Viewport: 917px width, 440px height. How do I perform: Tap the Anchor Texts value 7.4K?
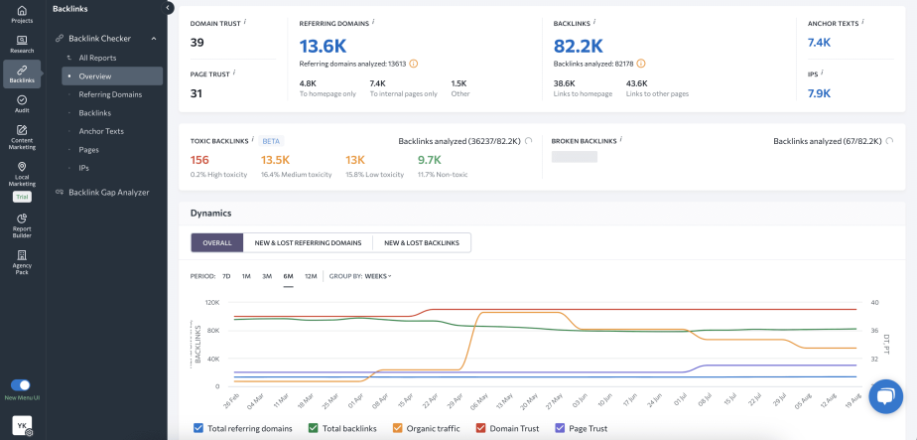coord(819,43)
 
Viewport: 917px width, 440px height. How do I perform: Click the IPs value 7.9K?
coord(819,93)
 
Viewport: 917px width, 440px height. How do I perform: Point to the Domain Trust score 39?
coord(197,42)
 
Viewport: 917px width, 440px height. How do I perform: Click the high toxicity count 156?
coord(199,160)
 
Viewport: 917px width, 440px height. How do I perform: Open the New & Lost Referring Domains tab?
coord(308,242)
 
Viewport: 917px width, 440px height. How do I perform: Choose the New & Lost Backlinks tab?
coord(422,242)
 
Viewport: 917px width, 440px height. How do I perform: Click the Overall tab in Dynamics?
coord(216,242)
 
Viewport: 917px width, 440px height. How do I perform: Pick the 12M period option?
coord(311,276)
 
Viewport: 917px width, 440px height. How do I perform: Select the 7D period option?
coord(226,276)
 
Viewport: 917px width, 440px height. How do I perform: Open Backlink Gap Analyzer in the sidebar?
coord(108,192)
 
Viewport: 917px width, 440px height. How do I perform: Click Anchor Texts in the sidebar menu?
coord(101,131)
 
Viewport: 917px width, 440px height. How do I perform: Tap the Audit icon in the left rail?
coord(22,103)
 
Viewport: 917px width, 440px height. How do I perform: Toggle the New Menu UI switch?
coord(21,384)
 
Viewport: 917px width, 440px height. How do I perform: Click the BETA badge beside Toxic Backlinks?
coord(272,141)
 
